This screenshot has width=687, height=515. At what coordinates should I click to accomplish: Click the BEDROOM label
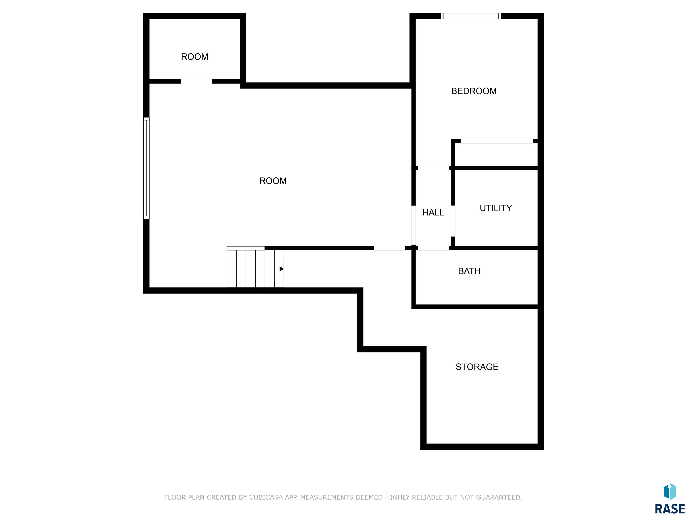[474, 91]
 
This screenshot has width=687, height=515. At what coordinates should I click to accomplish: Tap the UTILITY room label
[496, 208]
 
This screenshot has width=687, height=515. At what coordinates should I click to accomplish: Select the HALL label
[433, 212]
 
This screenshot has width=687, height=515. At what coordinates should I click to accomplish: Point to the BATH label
[469, 271]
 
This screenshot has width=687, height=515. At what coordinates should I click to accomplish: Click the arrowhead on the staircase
[281, 269]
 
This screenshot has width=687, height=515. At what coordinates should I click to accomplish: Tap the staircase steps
[255, 268]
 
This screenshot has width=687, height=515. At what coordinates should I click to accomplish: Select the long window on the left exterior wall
[146, 168]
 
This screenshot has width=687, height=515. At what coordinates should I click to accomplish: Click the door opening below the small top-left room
[196, 81]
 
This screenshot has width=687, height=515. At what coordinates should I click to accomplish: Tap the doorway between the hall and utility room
[453, 221]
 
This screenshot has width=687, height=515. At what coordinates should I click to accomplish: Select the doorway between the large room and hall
[413, 225]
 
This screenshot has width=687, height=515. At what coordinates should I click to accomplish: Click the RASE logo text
[670, 509]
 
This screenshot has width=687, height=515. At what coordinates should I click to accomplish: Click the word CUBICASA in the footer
[270, 497]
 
